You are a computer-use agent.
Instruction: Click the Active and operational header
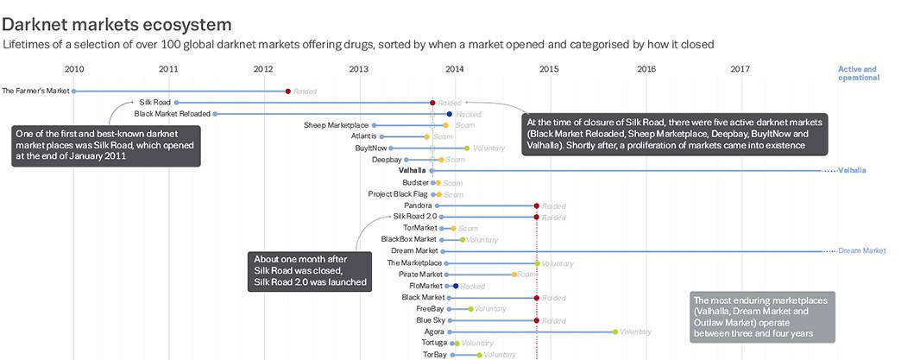858,73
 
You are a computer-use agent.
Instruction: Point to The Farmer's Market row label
35,91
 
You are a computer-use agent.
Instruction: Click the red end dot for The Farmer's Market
287,91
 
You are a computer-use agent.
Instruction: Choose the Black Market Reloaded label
173,113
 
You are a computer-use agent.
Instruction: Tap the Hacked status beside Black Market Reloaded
469,114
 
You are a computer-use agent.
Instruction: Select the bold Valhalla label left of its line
412,171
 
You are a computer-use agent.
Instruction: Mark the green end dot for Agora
615,332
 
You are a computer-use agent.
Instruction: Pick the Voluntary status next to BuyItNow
488,148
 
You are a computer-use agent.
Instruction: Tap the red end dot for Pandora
537,205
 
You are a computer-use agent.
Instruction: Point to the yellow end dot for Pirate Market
514,275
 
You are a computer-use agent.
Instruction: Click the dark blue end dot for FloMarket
455,286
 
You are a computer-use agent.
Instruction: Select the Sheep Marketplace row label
336,125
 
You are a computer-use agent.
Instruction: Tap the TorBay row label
434,355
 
